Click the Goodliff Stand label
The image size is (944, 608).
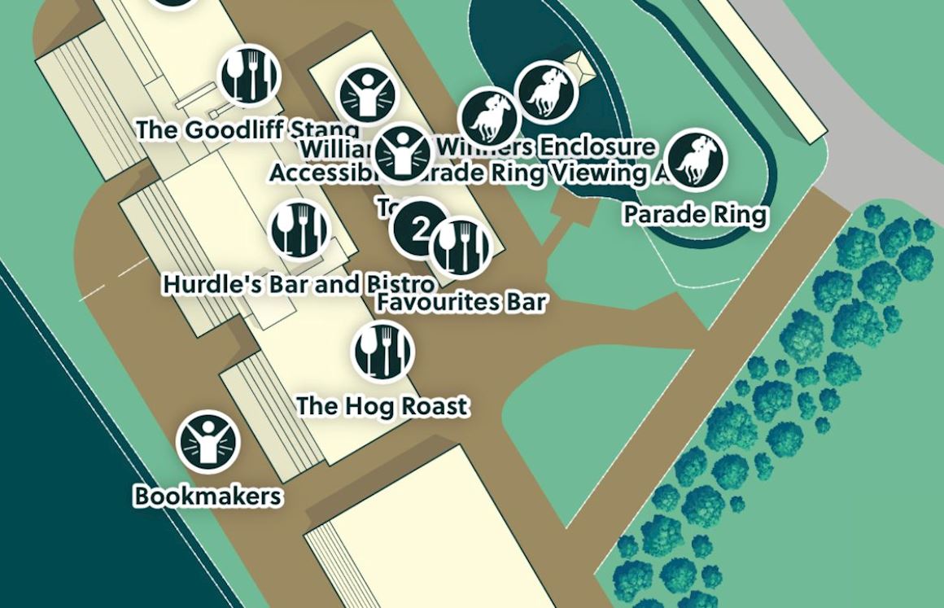(x=247, y=129)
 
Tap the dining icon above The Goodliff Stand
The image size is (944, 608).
(x=250, y=75)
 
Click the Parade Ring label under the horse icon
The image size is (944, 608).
(x=695, y=215)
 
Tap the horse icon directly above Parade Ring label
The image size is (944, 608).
(x=696, y=159)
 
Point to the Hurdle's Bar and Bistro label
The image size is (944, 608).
(x=298, y=284)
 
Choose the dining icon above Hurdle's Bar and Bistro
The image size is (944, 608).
(x=299, y=229)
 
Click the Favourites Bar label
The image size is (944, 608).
(x=461, y=303)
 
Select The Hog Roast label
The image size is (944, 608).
(x=382, y=405)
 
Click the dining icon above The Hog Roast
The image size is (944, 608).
(x=382, y=351)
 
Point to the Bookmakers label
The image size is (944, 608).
(x=208, y=496)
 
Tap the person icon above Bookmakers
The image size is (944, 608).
(x=208, y=441)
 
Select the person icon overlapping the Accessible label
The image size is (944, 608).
(x=402, y=153)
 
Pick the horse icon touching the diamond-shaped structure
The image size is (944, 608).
(x=547, y=91)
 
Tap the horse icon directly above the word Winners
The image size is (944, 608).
(x=488, y=116)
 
